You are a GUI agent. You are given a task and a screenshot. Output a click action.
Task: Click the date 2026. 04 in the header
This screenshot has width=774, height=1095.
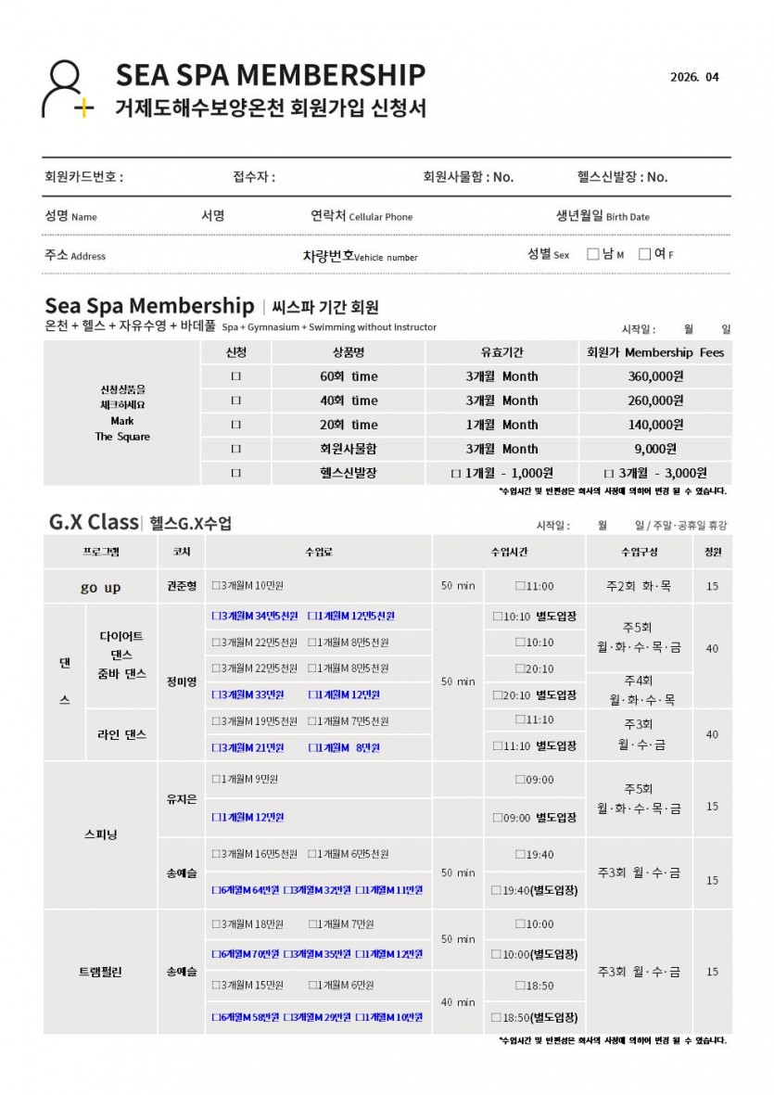[x=693, y=77]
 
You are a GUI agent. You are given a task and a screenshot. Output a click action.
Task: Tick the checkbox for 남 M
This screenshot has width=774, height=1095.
[x=593, y=255]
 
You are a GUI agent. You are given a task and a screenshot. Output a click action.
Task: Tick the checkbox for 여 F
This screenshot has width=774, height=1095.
[x=644, y=255]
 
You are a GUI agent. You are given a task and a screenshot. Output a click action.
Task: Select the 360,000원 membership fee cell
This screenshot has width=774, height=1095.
[x=655, y=376]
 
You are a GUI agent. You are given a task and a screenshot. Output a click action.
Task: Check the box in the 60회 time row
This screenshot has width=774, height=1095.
[x=235, y=376]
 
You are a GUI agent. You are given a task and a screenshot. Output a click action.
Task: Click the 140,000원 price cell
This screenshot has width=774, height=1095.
[x=655, y=425]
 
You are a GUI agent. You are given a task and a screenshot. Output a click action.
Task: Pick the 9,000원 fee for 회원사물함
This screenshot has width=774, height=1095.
[x=655, y=449]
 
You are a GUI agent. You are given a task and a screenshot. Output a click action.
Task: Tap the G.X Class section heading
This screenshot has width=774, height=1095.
[x=93, y=522]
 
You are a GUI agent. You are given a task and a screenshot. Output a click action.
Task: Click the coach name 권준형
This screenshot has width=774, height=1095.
[x=182, y=587]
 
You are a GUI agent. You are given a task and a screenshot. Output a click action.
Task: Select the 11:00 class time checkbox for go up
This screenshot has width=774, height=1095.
[x=520, y=587]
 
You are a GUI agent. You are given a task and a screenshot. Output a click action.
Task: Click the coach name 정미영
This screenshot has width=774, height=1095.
[x=182, y=681]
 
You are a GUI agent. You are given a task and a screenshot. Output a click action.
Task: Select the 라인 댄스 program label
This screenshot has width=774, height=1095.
[x=121, y=734]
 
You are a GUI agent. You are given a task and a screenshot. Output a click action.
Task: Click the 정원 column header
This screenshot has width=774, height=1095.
[x=712, y=552]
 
